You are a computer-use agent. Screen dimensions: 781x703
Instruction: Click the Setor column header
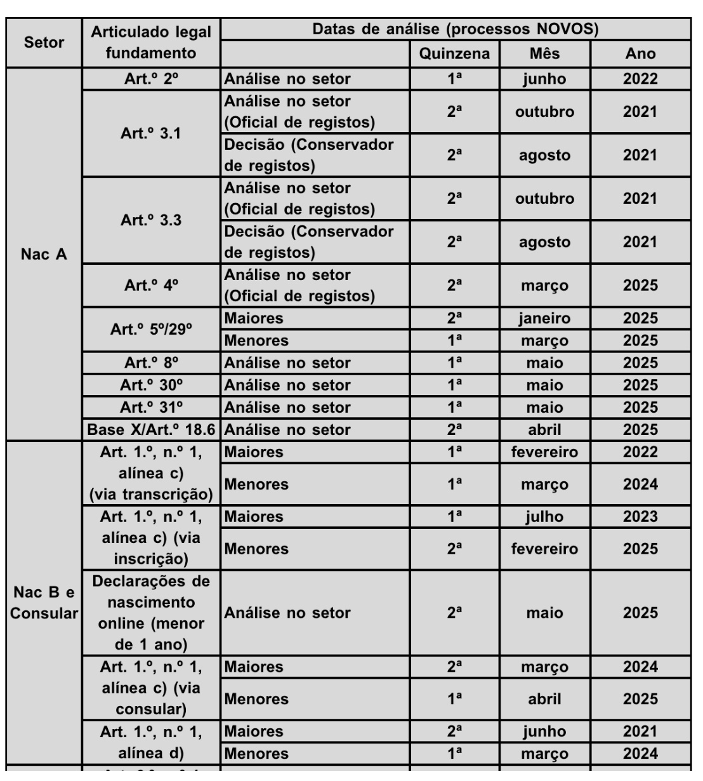(x=44, y=43)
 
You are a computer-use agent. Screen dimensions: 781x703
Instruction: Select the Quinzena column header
(x=454, y=54)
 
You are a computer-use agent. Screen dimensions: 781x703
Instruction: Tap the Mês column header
(x=544, y=54)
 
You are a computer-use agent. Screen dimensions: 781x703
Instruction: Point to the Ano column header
(x=640, y=54)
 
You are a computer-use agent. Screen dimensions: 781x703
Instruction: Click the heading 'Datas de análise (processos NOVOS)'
(x=455, y=29)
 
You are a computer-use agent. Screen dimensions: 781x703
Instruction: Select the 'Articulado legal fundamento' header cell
(x=151, y=43)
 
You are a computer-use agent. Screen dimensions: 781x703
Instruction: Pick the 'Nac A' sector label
(x=44, y=254)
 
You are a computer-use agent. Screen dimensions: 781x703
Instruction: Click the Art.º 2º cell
(x=151, y=79)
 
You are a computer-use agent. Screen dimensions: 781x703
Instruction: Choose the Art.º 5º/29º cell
(x=151, y=330)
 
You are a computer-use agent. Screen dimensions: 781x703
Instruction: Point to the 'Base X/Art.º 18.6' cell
(x=151, y=430)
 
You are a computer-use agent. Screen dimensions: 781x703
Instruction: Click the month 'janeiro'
(x=544, y=319)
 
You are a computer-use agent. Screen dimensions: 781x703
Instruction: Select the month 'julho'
(x=544, y=517)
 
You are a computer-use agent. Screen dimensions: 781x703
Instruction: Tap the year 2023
(x=640, y=517)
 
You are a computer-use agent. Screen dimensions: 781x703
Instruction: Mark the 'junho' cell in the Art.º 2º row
(x=544, y=79)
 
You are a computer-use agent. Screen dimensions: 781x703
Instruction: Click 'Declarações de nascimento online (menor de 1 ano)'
(x=151, y=613)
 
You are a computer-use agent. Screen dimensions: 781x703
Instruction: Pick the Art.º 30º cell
(x=151, y=385)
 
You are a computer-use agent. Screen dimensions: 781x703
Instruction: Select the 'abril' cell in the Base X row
(x=544, y=430)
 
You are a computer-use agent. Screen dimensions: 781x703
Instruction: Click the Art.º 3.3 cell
(x=151, y=220)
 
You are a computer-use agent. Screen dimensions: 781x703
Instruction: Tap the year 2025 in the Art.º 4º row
(x=640, y=286)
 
